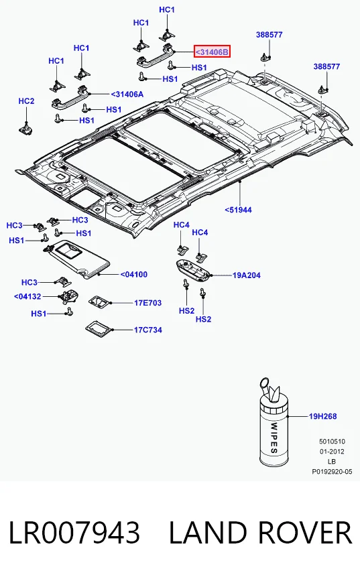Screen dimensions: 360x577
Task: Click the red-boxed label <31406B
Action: coord(213,52)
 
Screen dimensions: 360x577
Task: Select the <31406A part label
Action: coord(127,94)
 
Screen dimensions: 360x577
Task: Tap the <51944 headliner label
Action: coord(238,210)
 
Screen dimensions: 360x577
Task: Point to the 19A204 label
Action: coord(246,275)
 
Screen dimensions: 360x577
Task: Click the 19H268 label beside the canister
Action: coord(323,416)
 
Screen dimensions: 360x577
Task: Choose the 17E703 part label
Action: coord(147,303)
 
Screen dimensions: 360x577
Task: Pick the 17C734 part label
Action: coord(147,330)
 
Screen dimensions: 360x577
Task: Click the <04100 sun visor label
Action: coord(133,275)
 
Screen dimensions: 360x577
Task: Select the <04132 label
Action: coord(27,297)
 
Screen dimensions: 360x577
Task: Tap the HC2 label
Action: coord(26,101)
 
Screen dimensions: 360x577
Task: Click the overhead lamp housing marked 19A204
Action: coord(192,269)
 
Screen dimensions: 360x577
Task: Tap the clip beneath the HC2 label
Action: coord(26,129)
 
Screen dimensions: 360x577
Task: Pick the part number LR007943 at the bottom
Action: coord(74,533)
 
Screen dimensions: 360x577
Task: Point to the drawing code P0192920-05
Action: coord(332,471)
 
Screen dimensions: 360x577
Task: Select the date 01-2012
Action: coord(332,452)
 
